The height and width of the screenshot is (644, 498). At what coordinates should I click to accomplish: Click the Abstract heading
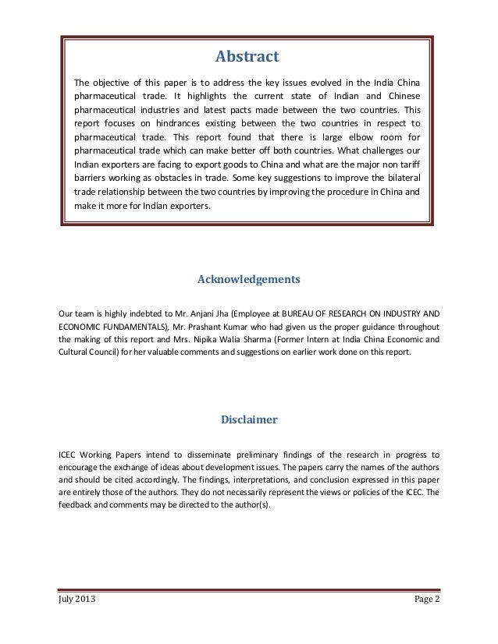coord(247,56)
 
